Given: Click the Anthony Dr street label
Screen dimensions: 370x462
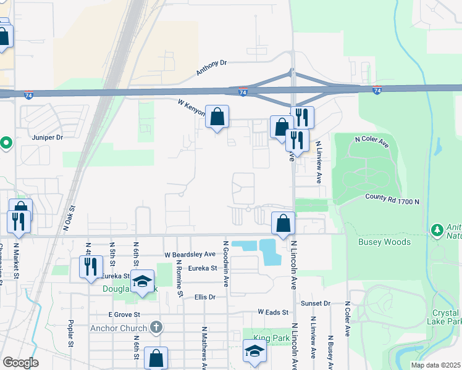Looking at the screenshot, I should [212, 67].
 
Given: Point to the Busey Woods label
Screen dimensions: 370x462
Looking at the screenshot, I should [384, 242].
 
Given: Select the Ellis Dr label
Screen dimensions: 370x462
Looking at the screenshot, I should [204, 297].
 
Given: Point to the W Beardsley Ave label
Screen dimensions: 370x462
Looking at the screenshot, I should [190, 254].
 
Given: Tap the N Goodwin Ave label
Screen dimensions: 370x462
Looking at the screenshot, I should [227, 264].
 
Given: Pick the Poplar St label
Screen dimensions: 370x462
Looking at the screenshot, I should [71, 337].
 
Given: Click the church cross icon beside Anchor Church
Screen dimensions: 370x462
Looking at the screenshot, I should [156, 327].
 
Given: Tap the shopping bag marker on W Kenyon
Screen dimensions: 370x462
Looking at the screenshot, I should [217, 117].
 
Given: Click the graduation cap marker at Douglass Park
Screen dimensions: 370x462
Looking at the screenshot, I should [143, 282].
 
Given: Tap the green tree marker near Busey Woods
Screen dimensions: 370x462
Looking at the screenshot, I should [438, 230].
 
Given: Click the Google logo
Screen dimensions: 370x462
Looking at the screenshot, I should [20, 363].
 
